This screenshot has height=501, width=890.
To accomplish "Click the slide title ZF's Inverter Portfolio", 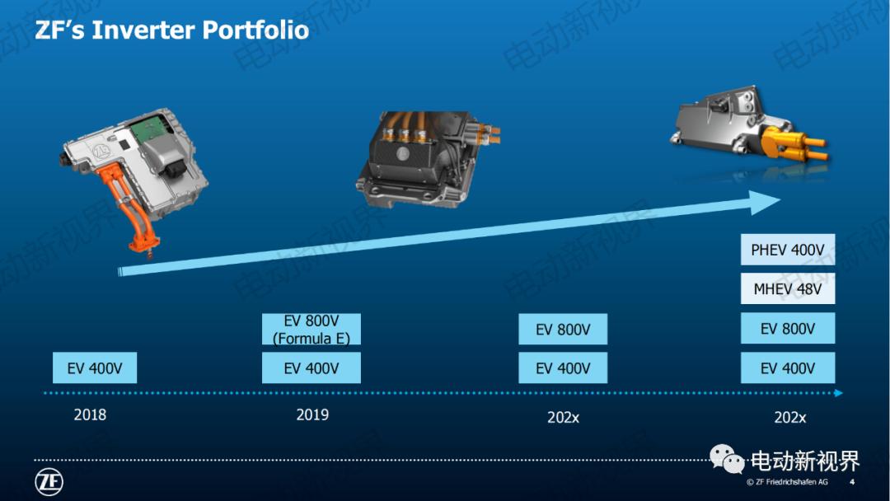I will pyautogui.click(x=171, y=30).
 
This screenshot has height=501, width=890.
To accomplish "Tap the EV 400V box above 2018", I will pyautogui.click(x=95, y=368).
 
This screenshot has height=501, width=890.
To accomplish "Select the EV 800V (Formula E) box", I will pyautogui.click(x=311, y=329).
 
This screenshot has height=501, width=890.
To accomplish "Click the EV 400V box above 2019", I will pyautogui.click(x=311, y=368).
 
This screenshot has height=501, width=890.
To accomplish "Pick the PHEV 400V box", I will pyautogui.click(x=788, y=250).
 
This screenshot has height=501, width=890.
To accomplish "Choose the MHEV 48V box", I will pyautogui.click(x=788, y=289).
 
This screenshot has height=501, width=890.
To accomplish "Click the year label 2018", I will pyautogui.click(x=90, y=414).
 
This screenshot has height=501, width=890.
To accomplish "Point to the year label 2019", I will pyautogui.click(x=312, y=414).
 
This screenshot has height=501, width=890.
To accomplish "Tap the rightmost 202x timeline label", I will pyautogui.click(x=789, y=417).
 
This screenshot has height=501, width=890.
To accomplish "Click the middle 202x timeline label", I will pyautogui.click(x=564, y=417).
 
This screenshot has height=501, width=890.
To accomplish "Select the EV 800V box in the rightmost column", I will pyautogui.click(x=788, y=329).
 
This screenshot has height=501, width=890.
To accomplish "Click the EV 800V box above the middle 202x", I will pyautogui.click(x=563, y=330).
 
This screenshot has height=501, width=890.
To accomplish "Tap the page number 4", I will pyautogui.click(x=851, y=482).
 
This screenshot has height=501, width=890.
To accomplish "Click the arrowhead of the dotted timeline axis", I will pyautogui.click(x=838, y=393).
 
